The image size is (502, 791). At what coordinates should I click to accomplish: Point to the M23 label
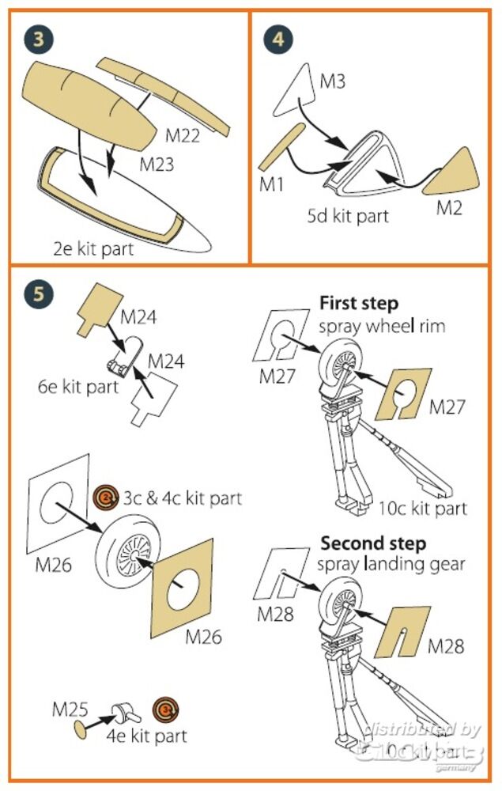click(x=158, y=165)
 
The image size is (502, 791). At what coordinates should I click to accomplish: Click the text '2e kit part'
click(x=93, y=249)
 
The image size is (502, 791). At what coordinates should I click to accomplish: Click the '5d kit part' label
click(x=348, y=214)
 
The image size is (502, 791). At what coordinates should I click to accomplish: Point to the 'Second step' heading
click(x=372, y=544)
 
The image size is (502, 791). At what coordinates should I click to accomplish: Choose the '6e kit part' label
click(x=78, y=387)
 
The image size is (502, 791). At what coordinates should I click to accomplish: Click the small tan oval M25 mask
click(x=79, y=727)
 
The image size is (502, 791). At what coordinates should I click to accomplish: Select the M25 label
click(x=69, y=709)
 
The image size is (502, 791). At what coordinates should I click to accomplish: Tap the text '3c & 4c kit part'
click(x=182, y=498)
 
